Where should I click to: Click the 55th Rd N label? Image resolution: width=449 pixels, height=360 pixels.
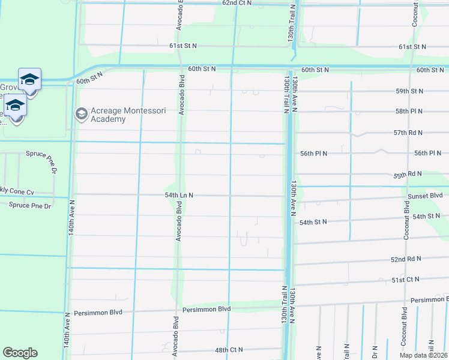408,174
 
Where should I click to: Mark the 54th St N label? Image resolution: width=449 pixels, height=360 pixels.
313,222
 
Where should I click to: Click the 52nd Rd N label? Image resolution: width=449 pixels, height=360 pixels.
406,260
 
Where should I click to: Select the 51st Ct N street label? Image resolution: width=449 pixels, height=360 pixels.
406,280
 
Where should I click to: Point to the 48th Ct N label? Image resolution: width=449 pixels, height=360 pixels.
229,350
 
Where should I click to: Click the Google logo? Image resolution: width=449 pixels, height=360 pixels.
20,353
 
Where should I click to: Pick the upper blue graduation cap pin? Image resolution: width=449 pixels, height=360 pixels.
29,80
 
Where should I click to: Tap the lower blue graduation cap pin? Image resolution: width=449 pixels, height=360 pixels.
15,107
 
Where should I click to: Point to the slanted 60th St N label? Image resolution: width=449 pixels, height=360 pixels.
90,76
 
